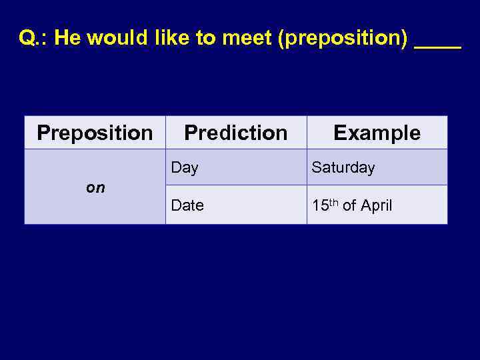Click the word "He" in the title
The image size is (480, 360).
pos(68,38)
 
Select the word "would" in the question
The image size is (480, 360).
pos(109,38)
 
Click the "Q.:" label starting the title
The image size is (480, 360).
pos(33,38)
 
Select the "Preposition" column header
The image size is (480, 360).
pos(95,133)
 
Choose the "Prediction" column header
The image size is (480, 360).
pos(235,133)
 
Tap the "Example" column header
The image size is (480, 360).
pos(377,133)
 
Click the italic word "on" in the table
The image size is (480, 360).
pos(95,187)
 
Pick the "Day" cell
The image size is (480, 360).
pos(185,168)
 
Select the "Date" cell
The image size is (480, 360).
pos(187,206)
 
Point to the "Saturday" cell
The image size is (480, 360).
pos(343,168)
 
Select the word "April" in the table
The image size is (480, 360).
pos(376,206)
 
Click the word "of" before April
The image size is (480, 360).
pos(349,206)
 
